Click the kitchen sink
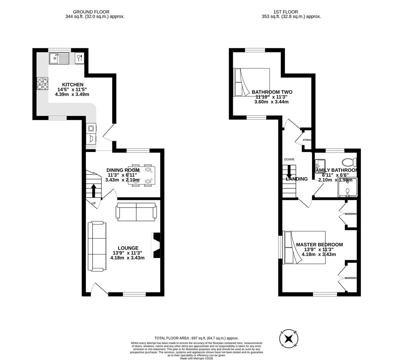[x=59, y=59]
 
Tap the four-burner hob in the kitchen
[x=42, y=83]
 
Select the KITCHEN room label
[x=73, y=85]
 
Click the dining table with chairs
[x=142, y=175]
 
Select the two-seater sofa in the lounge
[x=136, y=212]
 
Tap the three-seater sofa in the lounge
[x=97, y=246]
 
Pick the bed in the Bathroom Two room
[x=252, y=82]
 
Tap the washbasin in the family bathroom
[x=320, y=164]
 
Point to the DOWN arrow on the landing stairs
[x=289, y=171]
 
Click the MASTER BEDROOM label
[x=319, y=245]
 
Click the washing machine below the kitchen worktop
[x=91, y=128]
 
